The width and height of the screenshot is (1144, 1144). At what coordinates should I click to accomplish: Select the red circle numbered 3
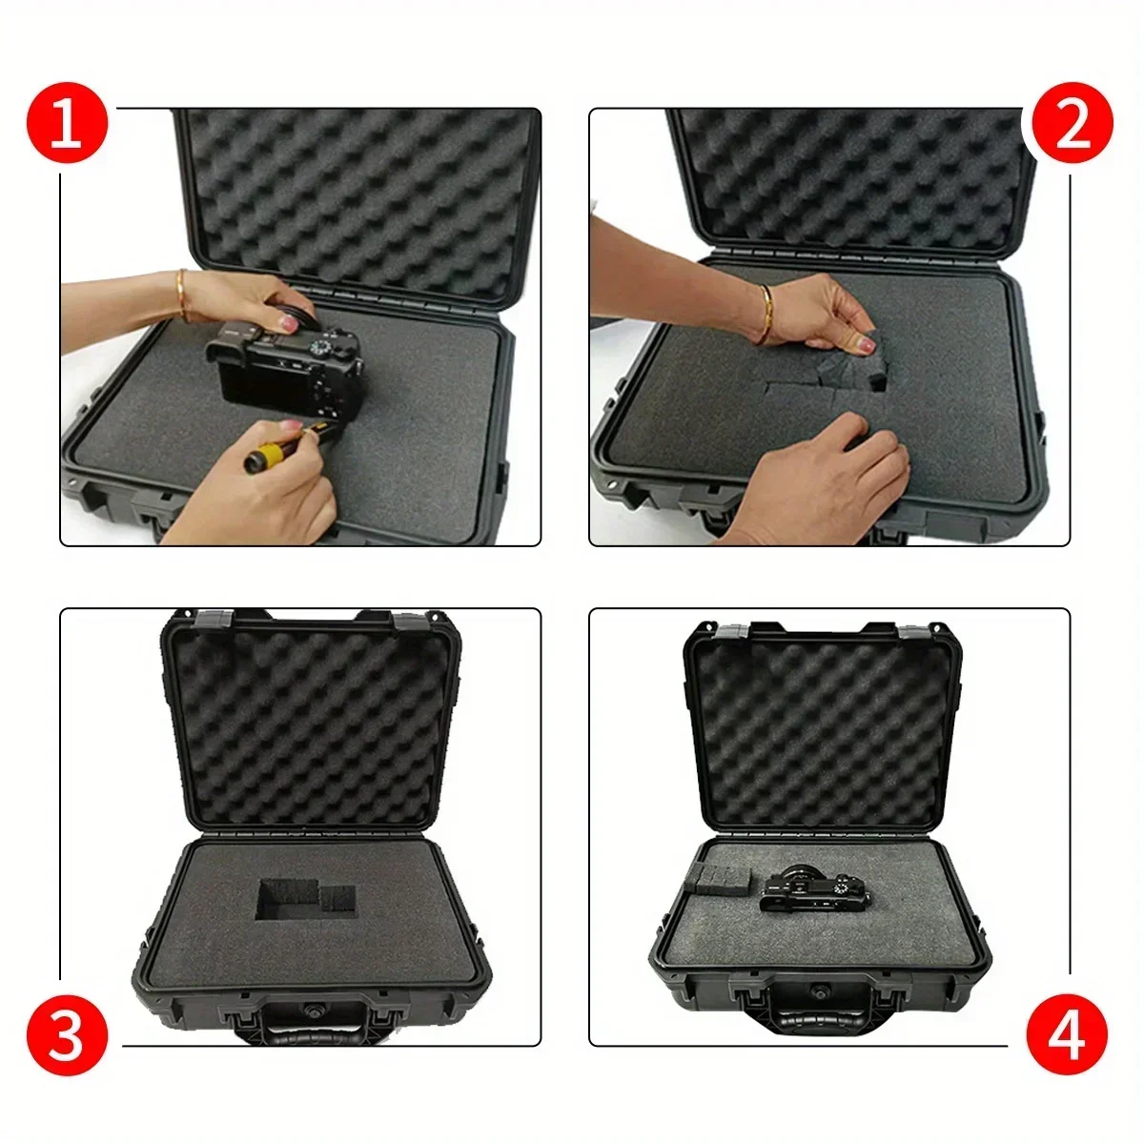(x=67, y=1034)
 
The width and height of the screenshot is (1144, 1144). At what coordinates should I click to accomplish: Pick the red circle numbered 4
(x=1067, y=1034)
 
